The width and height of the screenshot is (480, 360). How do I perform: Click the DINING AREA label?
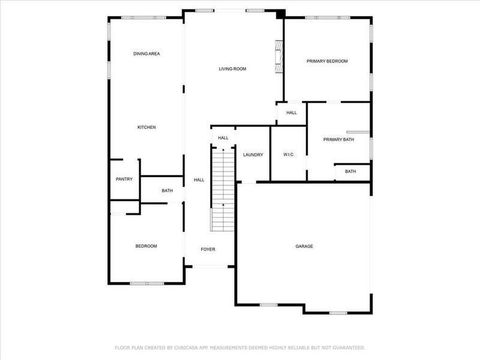pos(146,54)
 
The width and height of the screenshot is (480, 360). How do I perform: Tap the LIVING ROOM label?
pos(232,69)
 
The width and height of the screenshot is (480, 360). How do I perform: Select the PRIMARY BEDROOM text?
pos(327,61)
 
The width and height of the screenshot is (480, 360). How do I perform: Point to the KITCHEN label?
pos(146,127)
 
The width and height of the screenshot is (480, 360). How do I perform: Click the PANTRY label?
pos(124,179)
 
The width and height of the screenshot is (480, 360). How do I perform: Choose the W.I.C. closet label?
pos(289,155)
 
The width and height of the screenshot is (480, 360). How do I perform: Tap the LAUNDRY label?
pos(253,155)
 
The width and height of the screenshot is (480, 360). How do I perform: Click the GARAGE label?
pos(304,246)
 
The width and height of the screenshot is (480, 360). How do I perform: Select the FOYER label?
pos(208,249)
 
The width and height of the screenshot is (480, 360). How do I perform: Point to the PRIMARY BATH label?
pos(338,140)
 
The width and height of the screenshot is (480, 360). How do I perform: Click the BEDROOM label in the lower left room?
pos(146,246)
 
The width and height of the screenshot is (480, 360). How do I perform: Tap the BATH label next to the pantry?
pos(167,191)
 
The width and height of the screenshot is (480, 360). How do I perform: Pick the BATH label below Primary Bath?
pos(350,172)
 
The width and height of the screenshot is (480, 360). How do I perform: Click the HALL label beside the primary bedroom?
pos(292,113)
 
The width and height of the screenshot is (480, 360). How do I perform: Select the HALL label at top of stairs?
pos(223,138)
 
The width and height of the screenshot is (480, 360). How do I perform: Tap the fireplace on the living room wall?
pos(278,57)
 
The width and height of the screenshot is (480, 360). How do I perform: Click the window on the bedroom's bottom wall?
pos(147,283)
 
